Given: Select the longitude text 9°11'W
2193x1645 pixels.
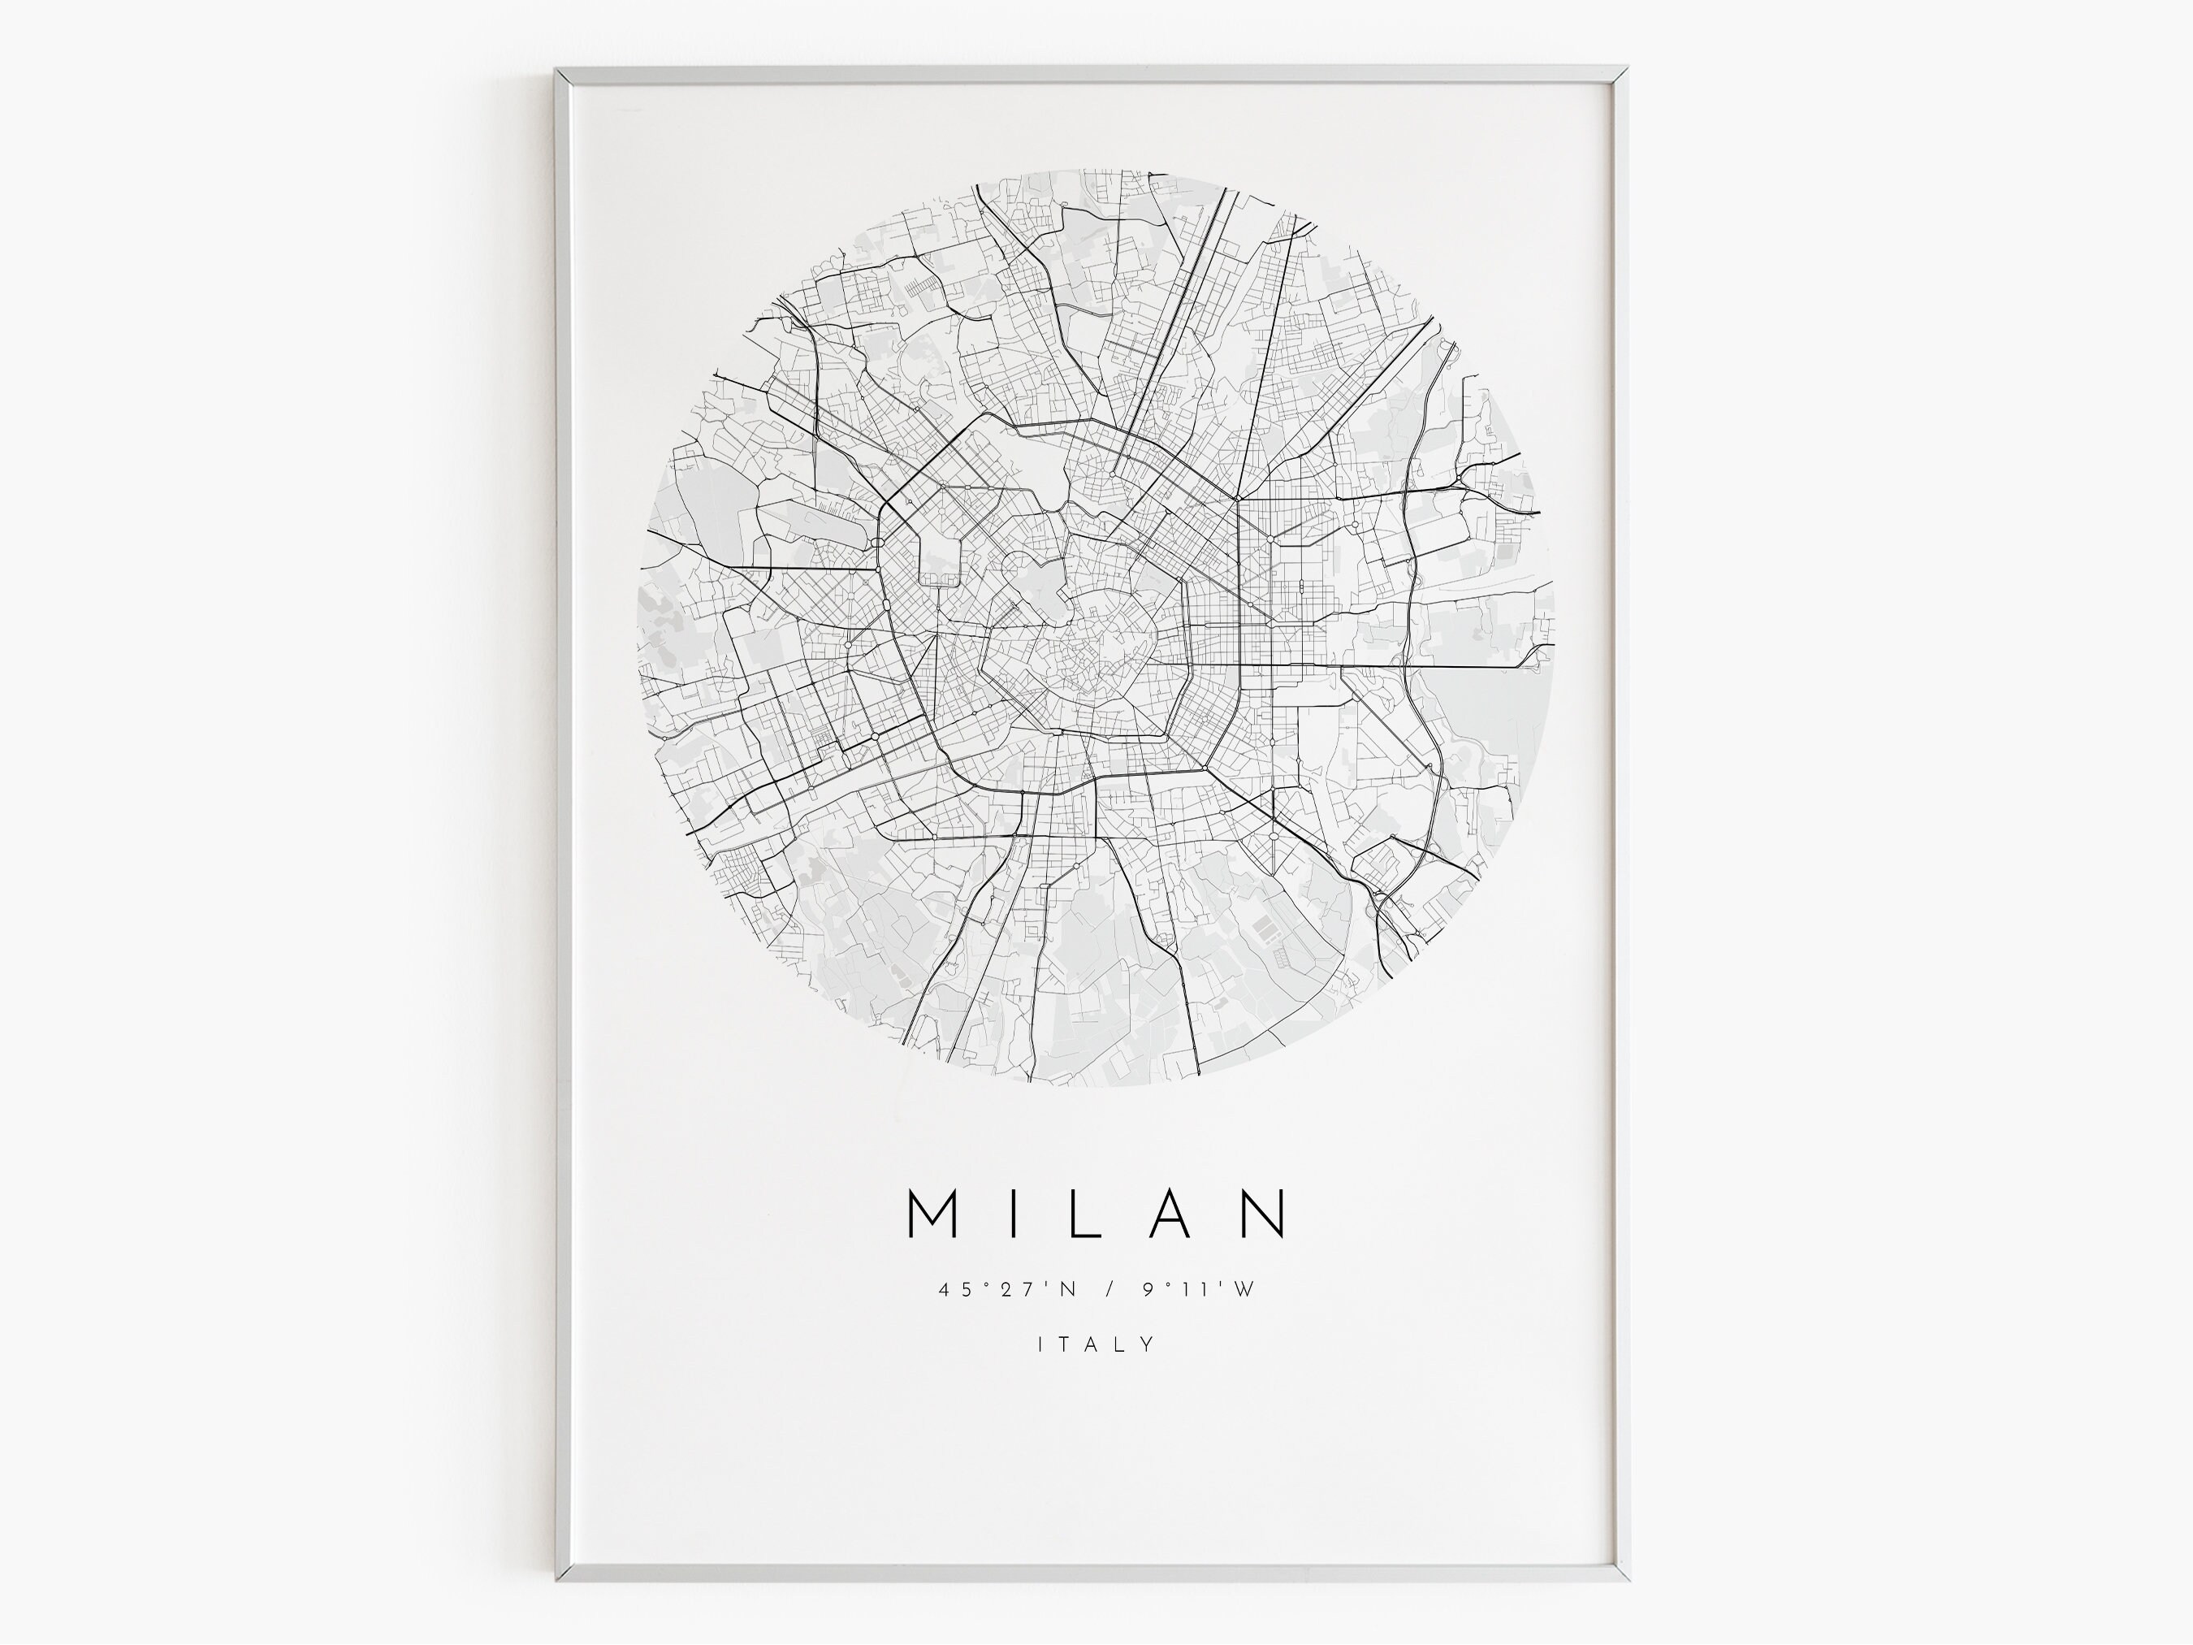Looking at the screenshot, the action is [x=1199, y=1290].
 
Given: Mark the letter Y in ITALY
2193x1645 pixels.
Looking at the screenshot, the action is [x=1148, y=1344].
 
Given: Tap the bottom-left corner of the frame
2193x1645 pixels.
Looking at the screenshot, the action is [x=558, y=1578].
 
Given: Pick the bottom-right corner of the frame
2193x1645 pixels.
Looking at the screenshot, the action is [x=1627, y=1578].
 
